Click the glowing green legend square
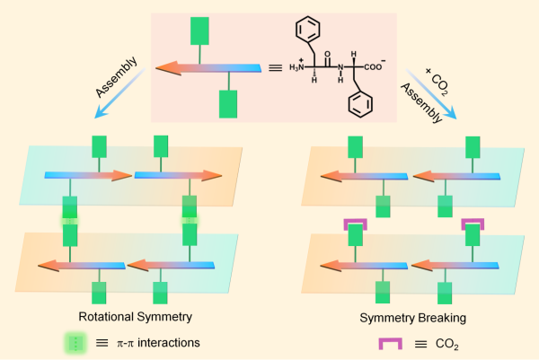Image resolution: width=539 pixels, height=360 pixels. (x=77, y=342)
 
